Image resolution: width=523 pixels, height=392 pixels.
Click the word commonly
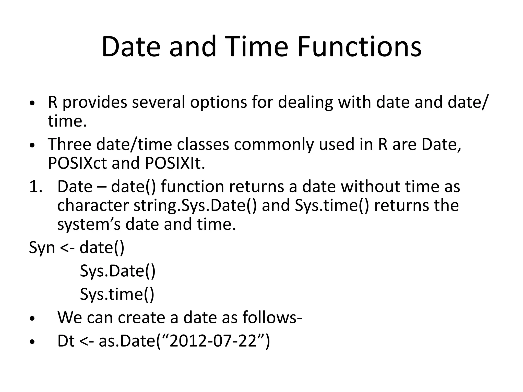click(x=274, y=144)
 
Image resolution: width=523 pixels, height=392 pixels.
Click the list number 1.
click(x=36, y=187)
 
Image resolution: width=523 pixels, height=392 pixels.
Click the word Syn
click(x=42, y=248)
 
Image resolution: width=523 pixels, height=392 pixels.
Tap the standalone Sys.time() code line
click(x=117, y=294)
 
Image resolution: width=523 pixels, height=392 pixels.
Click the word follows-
click(x=272, y=318)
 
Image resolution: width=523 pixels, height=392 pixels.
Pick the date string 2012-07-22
click(x=213, y=341)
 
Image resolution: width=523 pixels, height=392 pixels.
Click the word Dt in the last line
click(x=66, y=341)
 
